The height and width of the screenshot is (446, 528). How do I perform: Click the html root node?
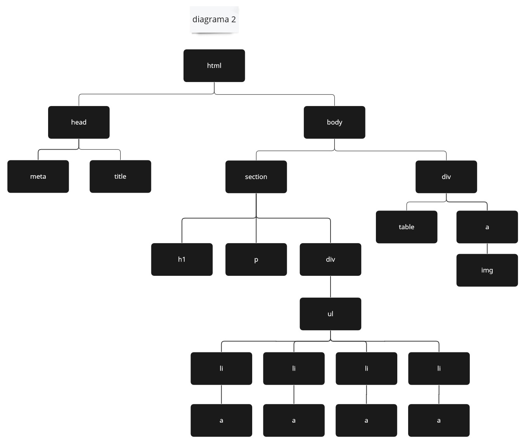click(x=214, y=66)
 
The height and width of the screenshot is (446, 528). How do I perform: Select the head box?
click(x=79, y=122)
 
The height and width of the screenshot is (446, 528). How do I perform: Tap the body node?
click(x=334, y=122)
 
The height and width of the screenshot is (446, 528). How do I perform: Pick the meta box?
click(x=38, y=176)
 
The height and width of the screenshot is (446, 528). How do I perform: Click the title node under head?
click(x=120, y=176)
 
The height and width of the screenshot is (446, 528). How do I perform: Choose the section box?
click(x=256, y=177)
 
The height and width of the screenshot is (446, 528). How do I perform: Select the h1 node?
click(x=182, y=260)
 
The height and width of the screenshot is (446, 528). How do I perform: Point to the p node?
click(x=256, y=260)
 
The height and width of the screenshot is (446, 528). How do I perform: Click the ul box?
click(x=331, y=314)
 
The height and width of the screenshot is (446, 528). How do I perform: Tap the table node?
click(x=407, y=227)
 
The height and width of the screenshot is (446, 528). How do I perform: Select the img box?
click(x=487, y=270)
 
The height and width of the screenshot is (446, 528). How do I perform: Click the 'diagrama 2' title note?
click(x=214, y=19)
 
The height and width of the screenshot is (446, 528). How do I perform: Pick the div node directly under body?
click(x=446, y=177)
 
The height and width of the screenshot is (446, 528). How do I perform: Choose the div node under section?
click(x=331, y=260)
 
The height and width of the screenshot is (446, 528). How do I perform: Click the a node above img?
click(x=487, y=227)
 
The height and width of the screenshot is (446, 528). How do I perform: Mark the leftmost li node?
click(x=222, y=368)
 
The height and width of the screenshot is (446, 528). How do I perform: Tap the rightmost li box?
click(x=439, y=368)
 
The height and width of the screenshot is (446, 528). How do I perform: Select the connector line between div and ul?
click(x=331, y=287)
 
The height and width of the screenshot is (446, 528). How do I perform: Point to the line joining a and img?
click(x=487, y=249)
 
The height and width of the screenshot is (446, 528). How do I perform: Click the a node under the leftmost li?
click(x=222, y=420)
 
